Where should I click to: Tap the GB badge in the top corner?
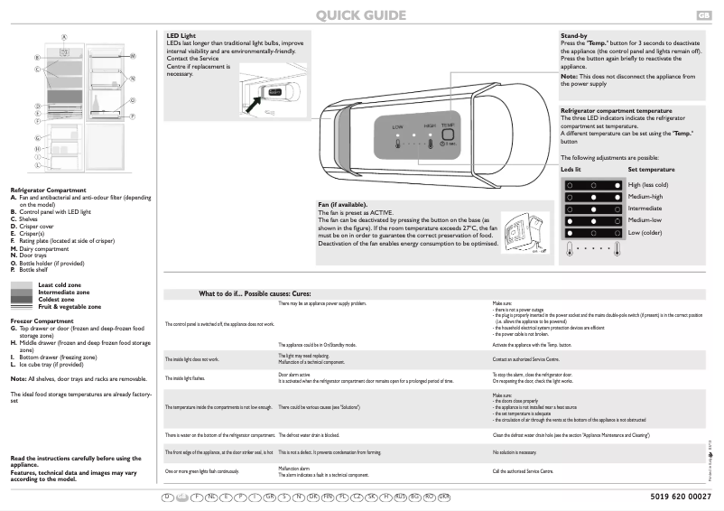point(703,15)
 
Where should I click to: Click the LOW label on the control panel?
point(397,127)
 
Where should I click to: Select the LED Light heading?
point(181,36)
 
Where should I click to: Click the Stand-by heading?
point(575,36)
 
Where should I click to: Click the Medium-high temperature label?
point(645,197)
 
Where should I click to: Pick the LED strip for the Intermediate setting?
point(594,209)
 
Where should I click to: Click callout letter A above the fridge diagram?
point(65,37)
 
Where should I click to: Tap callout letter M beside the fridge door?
point(133,56)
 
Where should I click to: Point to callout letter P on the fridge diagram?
point(133,116)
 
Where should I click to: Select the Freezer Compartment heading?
point(42,321)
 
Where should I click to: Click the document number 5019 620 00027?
point(680,497)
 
